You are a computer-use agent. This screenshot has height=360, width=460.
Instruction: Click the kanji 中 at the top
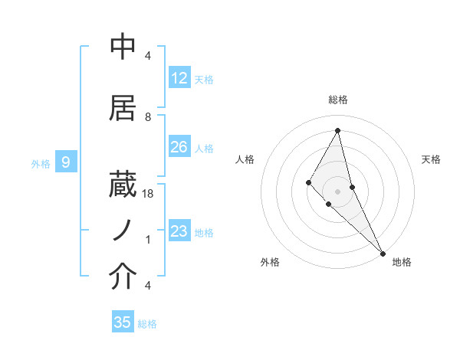[x=123, y=47]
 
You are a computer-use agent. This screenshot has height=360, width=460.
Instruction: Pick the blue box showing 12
[x=179, y=78]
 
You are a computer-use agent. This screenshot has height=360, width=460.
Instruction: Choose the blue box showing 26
[x=179, y=147]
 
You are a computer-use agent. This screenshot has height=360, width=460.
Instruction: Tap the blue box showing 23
[x=179, y=231]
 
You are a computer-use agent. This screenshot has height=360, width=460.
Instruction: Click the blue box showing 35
[x=123, y=322]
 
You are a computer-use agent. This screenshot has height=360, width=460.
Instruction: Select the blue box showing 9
[x=67, y=162]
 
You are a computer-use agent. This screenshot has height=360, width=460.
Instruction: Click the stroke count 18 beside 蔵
[x=148, y=195]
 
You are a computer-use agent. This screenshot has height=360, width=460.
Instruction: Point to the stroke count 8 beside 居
[x=148, y=116]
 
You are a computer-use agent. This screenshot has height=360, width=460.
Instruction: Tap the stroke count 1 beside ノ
[x=148, y=240]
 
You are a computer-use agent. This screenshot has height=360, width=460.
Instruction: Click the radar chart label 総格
[x=338, y=100]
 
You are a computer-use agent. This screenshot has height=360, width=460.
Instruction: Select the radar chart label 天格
[x=431, y=159]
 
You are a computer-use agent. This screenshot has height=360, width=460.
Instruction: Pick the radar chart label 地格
[x=402, y=262]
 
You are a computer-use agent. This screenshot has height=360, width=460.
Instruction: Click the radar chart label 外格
[x=270, y=262]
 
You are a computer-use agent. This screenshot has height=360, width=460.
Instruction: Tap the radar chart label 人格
[x=245, y=159]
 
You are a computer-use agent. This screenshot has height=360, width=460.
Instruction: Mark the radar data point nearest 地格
[x=381, y=252]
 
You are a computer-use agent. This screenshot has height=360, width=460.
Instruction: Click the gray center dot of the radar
[x=337, y=191]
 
